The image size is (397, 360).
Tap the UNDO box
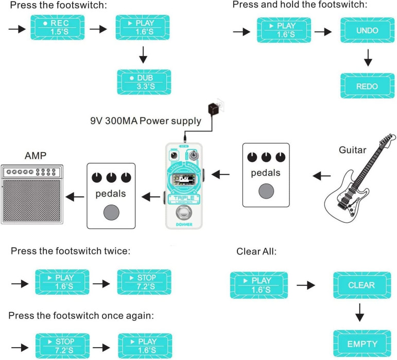(367, 30)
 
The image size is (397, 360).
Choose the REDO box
(367, 86)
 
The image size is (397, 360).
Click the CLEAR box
(361, 284)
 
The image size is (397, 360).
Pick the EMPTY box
(361, 344)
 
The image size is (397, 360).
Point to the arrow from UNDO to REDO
(367, 59)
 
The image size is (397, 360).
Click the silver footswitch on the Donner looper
(184, 213)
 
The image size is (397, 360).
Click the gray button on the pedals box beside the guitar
(266, 191)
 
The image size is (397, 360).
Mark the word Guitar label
(353, 150)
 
